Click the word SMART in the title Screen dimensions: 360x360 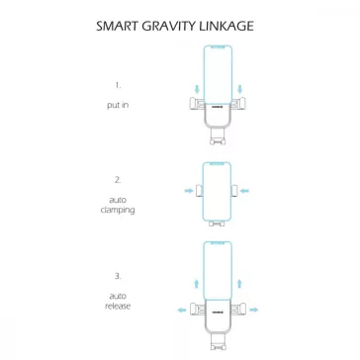pos(116,26)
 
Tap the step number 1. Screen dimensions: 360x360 pos(118,85)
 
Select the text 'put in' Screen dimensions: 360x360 pos(118,106)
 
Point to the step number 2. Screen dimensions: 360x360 pos(118,180)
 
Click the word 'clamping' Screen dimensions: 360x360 pos(118,210)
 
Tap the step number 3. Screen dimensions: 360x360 pos(118,276)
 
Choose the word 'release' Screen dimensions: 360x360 pos(118,306)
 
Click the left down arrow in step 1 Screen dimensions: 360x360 pos(197,89)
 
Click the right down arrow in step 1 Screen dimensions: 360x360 pos(239,89)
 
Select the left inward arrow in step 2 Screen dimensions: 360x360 pos(189,191)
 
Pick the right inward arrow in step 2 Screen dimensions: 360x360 pos(244,191)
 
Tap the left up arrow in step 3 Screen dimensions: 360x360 pos(197,284)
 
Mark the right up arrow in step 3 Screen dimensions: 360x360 pos(239,284)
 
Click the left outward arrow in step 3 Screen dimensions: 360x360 pos(182,310)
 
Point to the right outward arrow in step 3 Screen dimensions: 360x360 pos(254,310)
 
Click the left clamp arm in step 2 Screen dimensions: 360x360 pos(199,191)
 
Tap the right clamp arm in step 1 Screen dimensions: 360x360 pos(239,103)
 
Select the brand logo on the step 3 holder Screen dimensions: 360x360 pos(218,311)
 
